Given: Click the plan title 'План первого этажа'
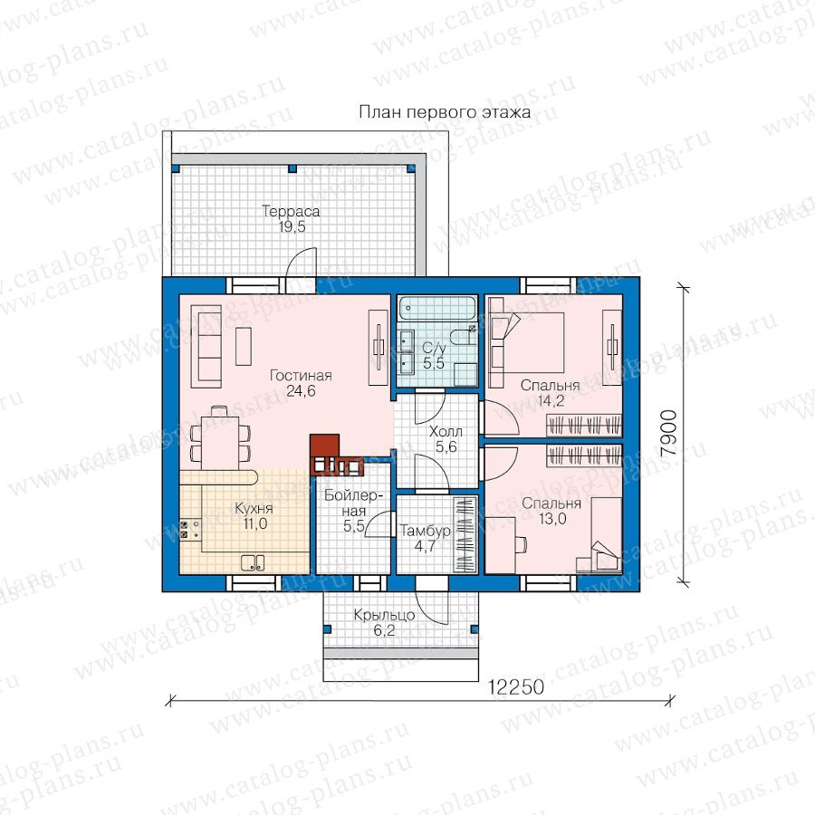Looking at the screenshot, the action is pos(445,112).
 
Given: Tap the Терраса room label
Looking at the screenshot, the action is pos(291,211).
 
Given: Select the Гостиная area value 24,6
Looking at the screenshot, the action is pos(301,391).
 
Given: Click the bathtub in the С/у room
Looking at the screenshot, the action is pos(437,308).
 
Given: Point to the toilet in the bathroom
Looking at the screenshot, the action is pos(463,338).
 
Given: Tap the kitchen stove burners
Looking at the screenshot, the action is pos(184,530).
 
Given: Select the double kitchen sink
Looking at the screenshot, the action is pos(253,563).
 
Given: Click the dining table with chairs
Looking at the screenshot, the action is pos(220,437).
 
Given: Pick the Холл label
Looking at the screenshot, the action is pos(446,431).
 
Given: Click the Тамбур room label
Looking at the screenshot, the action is pos(426,531).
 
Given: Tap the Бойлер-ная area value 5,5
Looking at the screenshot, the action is pos(353,526).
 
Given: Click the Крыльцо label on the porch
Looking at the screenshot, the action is pos(384,616).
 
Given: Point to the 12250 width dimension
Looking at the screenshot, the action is pos(515,686).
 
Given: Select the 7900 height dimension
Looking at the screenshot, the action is pos(668,433).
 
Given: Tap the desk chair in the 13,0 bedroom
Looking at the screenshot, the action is pos(521,543).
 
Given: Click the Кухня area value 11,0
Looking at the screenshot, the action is pos(254,523).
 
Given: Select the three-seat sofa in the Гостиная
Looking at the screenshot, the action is pos(206,346).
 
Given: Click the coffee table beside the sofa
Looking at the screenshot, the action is pos(244,346).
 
